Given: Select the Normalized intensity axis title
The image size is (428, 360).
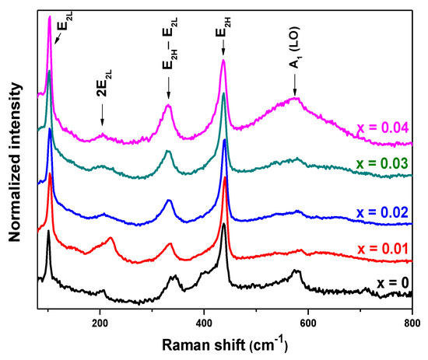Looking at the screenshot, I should [x=15, y=156].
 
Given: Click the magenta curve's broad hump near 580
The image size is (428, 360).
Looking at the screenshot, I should [x=294, y=99].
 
